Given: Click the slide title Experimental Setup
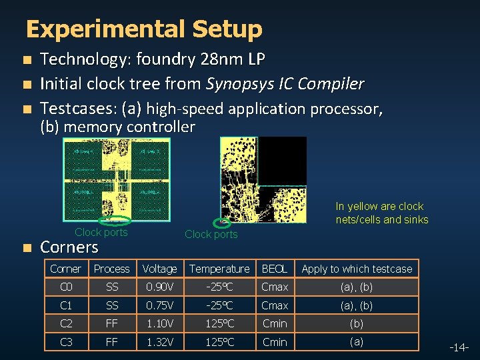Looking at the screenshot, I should click(144, 29).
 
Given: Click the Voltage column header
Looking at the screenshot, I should click(159, 269).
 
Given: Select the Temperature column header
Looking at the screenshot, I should click(219, 269).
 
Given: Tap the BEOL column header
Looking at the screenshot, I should click(275, 269).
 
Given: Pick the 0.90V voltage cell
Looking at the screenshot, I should click(159, 287).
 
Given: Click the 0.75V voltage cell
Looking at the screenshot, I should click(159, 305).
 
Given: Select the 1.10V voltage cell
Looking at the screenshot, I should click(159, 323).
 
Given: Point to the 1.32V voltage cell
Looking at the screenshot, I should click(159, 342).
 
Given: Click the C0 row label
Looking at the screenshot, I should click(66, 287).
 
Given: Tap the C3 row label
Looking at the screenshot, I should click(66, 342).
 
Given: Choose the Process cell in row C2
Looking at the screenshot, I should click(111, 323).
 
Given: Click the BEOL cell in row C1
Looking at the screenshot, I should click(275, 305).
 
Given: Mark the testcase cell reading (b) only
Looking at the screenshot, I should click(357, 323).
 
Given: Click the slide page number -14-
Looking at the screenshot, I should click(460, 347).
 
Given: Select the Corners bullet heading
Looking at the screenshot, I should click(69, 247).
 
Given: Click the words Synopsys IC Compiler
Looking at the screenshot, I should click(285, 84).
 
